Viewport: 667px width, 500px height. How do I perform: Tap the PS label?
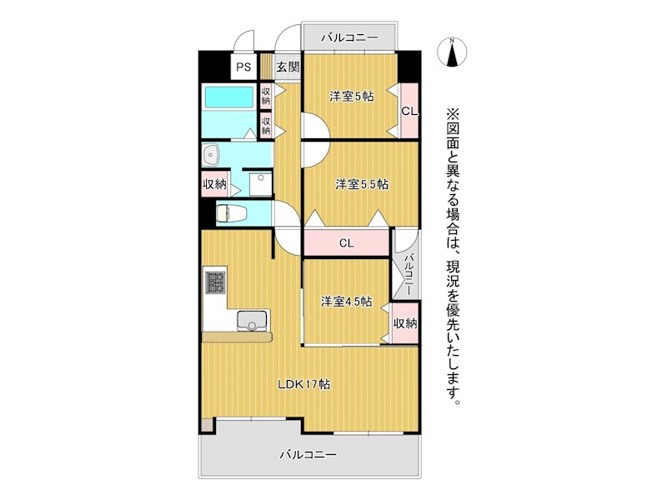243,67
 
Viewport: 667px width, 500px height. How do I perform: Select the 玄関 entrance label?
288,67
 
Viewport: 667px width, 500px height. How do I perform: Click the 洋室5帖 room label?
350,96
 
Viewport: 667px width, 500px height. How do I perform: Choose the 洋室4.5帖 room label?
346,301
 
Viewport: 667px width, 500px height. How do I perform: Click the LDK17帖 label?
305,384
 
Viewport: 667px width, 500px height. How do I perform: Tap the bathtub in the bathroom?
229,102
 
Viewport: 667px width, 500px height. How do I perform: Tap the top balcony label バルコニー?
350,38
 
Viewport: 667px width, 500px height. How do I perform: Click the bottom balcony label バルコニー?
308,455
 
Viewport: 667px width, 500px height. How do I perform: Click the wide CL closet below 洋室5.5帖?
347,243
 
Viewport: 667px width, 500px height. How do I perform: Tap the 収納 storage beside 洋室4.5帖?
405,323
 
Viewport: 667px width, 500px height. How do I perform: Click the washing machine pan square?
260,183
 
